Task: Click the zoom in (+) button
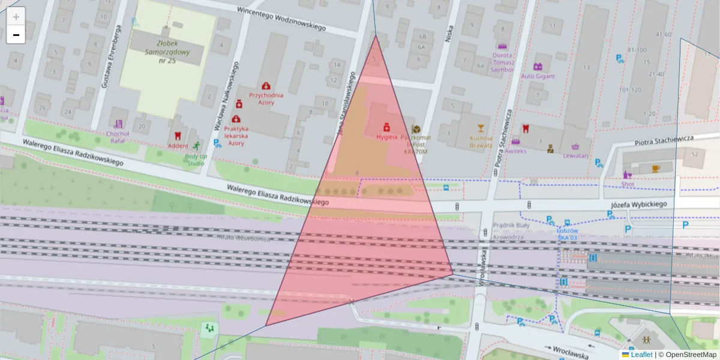(x=16, y=16)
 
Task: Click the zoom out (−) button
(x=16, y=35)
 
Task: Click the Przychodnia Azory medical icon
(x=266, y=86)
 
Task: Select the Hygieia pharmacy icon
(x=387, y=127)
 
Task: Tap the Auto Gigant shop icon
(x=538, y=67)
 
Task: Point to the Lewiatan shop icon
(x=575, y=146)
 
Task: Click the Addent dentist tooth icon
(x=178, y=136)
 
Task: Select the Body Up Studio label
(x=196, y=160)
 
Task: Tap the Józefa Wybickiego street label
(x=639, y=205)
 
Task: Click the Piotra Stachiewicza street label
(x=664, y=140)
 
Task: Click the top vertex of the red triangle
(x=376, y=35)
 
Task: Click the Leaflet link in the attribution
(x=641, y=355)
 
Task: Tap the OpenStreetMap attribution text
(x=691, y=355)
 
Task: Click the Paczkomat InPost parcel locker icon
(x=416, y=129)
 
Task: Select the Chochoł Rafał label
(x=117, y=137)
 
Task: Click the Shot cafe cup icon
(x=655, y=169)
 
